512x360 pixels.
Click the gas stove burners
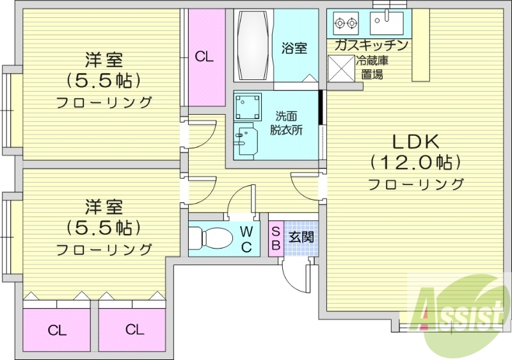coord(346,24)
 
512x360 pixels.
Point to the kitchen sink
coord(387,24)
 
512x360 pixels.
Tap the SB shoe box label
coord(275,237)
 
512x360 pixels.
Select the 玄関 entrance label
coord(300,236)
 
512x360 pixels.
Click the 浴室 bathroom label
coord(294,47)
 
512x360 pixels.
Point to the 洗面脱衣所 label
coord(286,123)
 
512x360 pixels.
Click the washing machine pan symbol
coord(248,107)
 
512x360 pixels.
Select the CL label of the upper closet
coord(204,57)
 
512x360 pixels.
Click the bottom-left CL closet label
coord(57,331)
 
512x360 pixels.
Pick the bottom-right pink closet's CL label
coord(134,330)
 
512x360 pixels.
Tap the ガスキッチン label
coord(371,45)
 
